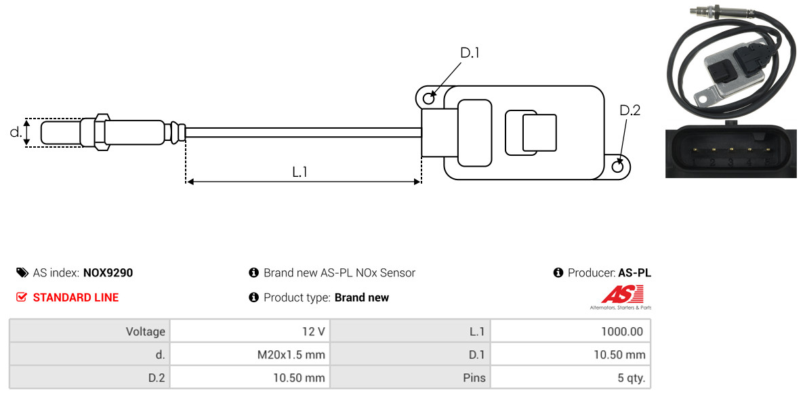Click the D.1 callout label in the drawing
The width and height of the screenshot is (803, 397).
tap(470, 53)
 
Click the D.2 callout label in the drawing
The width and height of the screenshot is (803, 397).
tap(630, 110)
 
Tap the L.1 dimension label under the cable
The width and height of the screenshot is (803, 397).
tap(300, 172)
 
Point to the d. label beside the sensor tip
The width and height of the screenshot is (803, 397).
tap(16, 132)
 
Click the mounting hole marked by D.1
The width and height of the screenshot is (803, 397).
tap(429, 96)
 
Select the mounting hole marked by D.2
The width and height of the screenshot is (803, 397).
tap(618, 165)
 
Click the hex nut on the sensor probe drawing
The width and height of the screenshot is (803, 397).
tap(102, 131)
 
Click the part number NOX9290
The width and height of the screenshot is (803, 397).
tap(108, 273)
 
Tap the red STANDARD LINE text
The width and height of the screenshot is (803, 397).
tap(76, 297)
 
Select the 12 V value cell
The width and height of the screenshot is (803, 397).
tap(250, 331)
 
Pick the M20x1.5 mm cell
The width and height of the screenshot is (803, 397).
tap(250, 354)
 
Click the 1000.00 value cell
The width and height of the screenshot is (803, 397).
tap(571, 331)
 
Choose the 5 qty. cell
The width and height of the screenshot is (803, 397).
tap(571, 378)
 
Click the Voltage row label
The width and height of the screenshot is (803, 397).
tap(146, 332)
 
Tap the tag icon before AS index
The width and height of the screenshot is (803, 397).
tap(22, 272)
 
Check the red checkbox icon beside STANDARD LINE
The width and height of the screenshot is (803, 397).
tap(22, 297)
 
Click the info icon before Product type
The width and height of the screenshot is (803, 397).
tap(253, 297)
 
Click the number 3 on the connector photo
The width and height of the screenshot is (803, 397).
tap(730, 163)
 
